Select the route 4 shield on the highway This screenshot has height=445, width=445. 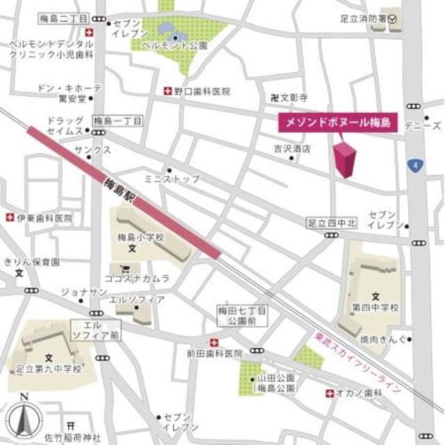click(x=415, y=165)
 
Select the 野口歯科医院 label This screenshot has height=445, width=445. click(x=202, y=91)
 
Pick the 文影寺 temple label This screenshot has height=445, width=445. click(x=293, y=99)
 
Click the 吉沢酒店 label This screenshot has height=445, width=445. click(x=292, y=149)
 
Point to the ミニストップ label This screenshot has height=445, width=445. click(x=172, y=179)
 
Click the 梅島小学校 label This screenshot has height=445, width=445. click(x=140, y=237)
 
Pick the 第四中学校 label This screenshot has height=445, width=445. click(x=375, y=307)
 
